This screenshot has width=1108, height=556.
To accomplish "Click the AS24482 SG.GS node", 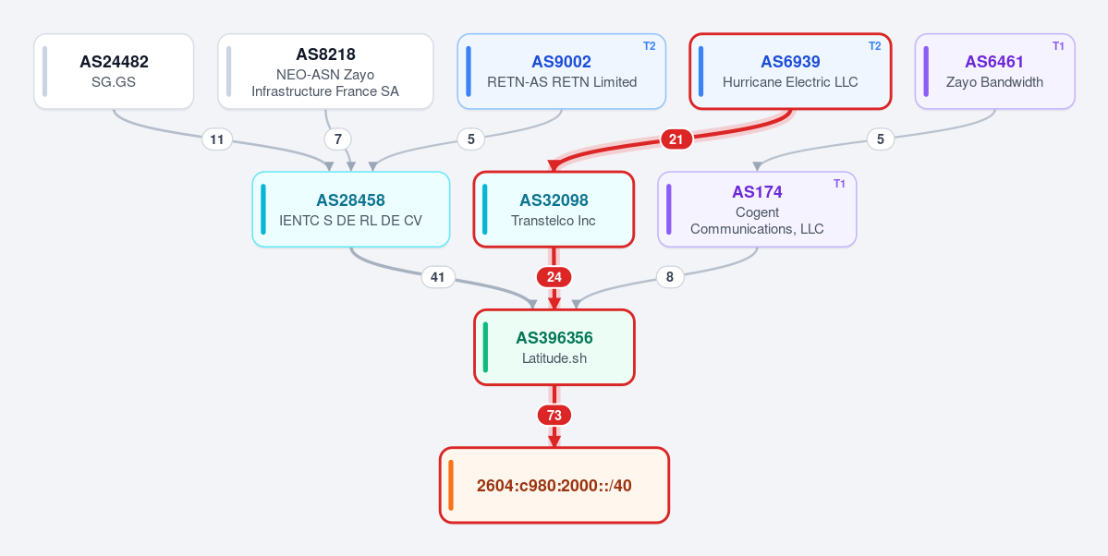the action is [x=114, y=71].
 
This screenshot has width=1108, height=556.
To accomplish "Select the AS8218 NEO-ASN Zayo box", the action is [x=325, y=71].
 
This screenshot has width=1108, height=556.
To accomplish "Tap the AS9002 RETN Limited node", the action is [x=562, y=71].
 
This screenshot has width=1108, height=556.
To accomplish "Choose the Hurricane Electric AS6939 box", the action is [x=790, y=71].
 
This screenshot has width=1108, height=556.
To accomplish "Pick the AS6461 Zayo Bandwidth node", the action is [x=995, y=71].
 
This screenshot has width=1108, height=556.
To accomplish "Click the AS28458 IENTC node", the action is [x=351, y=209].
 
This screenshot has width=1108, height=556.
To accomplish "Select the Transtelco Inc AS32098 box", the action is [x=554, y=209].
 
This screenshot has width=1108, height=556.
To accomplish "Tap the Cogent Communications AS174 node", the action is [x=757, y=209].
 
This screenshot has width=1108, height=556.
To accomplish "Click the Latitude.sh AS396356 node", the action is [x=554, y=347].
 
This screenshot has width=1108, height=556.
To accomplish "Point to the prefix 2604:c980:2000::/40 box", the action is [x=554, y=485].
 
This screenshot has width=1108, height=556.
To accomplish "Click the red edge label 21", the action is [x=676, y=139].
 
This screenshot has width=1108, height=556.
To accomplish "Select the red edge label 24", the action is [x=554, y=278].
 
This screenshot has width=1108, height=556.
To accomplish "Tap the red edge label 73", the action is [x=554, y=416].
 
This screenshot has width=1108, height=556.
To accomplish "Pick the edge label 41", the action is [x=438, y=278].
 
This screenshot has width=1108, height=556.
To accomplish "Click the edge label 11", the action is [x=217, y=139].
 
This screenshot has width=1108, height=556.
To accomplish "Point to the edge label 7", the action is [x=338, y=139].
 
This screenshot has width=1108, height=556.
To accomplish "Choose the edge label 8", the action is [x=670, y=278].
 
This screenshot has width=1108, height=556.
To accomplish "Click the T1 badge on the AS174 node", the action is [x=839, y=184].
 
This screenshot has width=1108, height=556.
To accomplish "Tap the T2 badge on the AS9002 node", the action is [x=650, y=46].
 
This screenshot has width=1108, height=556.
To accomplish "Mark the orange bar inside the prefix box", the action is [x=450, y=485].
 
